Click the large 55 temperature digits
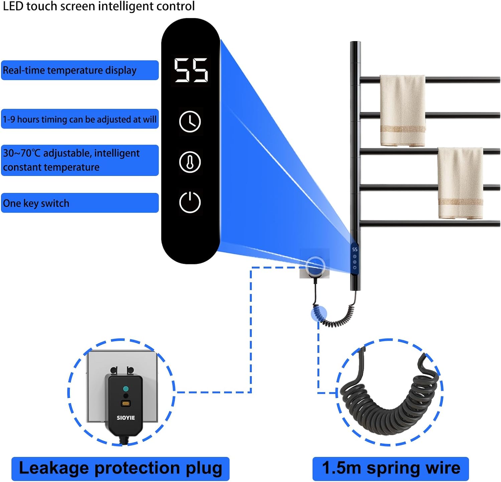[x=191, y=70]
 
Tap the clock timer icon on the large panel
[x=190, y=122]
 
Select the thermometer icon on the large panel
[x=190, y=162]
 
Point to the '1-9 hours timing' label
[x=79, y=119]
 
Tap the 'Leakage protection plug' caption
[x=120, y=468]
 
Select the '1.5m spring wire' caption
[x=390, y=468]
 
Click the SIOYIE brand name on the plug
[x=126, y=418]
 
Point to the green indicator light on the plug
[x=126, y=389]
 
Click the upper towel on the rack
[x=402, y=110]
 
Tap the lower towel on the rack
[x=460, y=183]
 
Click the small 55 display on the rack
[x=355, y=249]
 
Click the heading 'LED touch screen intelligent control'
[x=99, y=6]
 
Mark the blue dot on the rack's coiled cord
[x=318, y=314]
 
